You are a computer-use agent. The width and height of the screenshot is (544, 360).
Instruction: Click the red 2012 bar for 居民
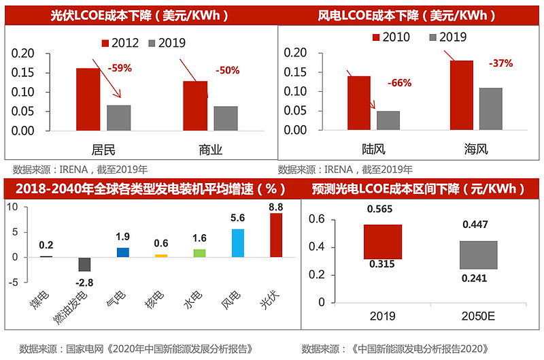(88, 99)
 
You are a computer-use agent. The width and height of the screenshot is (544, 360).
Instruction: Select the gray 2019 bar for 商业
(226, 118)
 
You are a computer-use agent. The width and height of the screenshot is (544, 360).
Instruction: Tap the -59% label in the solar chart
(120, 68)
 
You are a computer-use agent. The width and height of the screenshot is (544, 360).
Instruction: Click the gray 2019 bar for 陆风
(388, 120)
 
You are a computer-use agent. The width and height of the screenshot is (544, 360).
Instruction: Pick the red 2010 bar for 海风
(462, 95)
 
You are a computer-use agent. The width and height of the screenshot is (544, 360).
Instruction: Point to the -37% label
(500, 63)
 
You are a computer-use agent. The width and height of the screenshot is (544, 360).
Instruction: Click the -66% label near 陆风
(399, 83)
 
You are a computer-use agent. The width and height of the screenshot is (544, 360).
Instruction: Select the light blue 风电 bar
(237, 243)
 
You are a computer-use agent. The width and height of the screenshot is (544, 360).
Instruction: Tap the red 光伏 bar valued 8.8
(276, 235)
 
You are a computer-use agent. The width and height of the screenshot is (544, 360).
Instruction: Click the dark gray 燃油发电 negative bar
(84, 264)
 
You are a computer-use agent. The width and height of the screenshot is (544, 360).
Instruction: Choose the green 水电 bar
(199, 253)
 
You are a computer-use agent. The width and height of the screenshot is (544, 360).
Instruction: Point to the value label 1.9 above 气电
(122, 237)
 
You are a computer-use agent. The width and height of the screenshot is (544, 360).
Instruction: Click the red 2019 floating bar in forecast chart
(383, 242)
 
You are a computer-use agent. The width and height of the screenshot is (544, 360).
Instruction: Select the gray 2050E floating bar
(479, 255)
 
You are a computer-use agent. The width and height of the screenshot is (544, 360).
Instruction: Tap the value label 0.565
(379, 209)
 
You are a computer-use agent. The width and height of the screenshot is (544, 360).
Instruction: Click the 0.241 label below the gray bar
(474, 278)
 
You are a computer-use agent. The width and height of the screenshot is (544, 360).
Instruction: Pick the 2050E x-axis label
(478, 316)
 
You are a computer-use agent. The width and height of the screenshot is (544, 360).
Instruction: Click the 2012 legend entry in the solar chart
(120, 43)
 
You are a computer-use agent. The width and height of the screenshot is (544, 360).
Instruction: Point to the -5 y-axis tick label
(13, 282)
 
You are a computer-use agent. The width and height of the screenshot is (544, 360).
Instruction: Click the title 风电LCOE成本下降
(369, 16)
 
